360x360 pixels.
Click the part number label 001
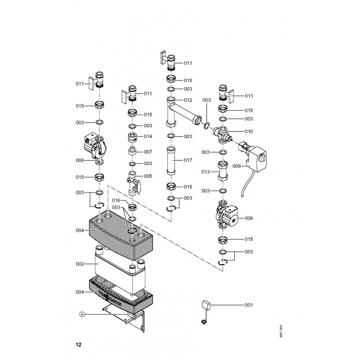click(x=248, y=306)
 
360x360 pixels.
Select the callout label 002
click(x=80, y=264)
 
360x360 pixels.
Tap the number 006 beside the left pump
click(x=80, y=160)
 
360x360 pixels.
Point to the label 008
click(x=248, y=218)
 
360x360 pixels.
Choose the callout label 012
click(x=188, y=100)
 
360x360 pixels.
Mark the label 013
click(x=206, y=172)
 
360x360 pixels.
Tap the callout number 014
click(x=148, y=136)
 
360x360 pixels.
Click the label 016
click(x=117, y=200)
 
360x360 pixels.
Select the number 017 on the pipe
click(x=188, y=160)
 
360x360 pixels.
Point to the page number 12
click(x=79, y=345)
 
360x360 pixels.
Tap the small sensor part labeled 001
click(x=204, y=306)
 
